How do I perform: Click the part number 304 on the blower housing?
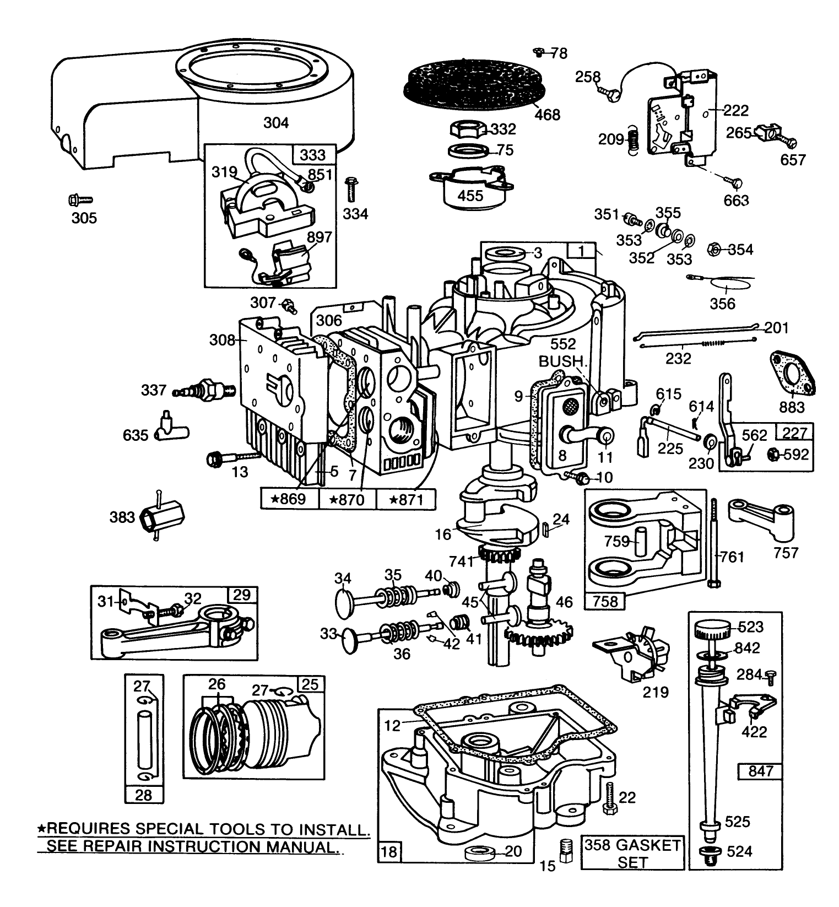[275, 122]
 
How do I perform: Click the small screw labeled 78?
[539, 52]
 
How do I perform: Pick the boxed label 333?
[313, 155]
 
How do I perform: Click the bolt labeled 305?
[80, 199]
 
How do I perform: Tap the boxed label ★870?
[347, 500]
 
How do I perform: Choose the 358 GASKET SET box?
[632, 853]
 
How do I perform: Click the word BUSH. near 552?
[561, 361]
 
